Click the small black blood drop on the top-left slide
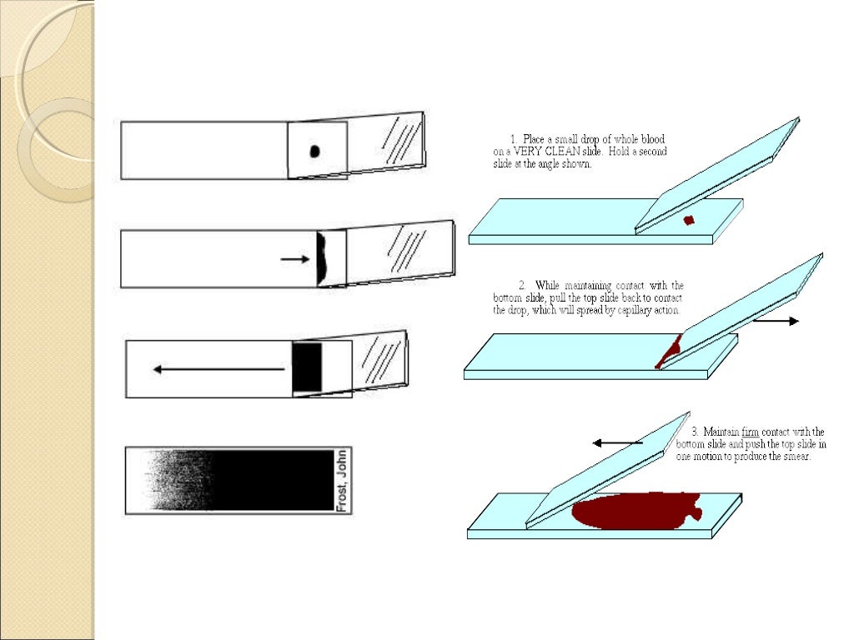314,151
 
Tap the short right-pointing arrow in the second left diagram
294,259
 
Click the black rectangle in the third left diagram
306,367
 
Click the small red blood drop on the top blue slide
689,220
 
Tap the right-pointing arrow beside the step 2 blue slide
780,321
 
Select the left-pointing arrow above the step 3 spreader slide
616,443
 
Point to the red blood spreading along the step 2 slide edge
668,351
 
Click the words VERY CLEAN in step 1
541,152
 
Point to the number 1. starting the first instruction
514,139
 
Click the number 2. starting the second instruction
523,286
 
